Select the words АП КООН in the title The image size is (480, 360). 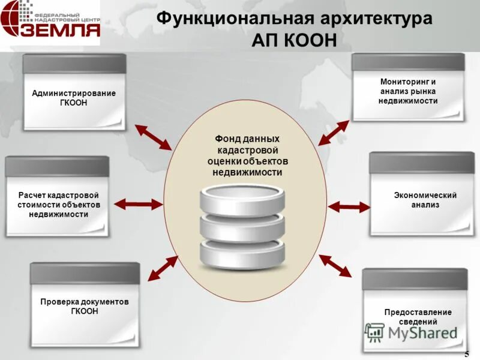(x=293, y=40)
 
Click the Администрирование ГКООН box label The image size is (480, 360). (x=74, y=98)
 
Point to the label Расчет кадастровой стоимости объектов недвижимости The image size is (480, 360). (x=58, y=205)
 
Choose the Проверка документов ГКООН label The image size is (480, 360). (x=85, y=306)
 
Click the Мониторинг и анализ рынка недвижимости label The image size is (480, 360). (x=408, y=91)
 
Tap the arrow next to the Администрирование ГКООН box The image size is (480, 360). (x=153, y=137)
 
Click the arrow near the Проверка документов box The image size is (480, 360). (x=163, y=268)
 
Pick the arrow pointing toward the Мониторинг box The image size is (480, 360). (x=333, y=133)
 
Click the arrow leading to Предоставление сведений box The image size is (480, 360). (x=335, y=265)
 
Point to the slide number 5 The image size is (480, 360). (x=467, y=353)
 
